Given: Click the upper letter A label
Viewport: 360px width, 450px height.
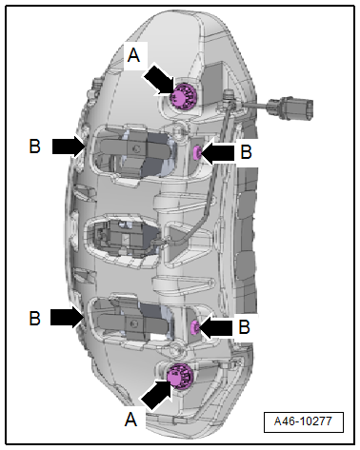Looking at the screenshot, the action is coord(133,55).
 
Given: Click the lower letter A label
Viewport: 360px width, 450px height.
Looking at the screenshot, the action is coord(130,420).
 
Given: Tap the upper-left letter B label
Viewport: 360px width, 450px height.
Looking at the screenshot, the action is coord(35,147).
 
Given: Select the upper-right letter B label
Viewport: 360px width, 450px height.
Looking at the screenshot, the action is coord(246,151).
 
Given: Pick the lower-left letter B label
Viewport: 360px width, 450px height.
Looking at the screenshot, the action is coord(35,318).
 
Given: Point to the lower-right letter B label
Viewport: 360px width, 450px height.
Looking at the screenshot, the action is coord(244,326).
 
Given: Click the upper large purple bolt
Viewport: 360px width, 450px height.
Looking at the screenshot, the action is coord(183,96).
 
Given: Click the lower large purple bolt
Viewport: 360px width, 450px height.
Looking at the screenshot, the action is coord(180,377).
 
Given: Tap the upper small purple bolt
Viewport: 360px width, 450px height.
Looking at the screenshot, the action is coord(197,153).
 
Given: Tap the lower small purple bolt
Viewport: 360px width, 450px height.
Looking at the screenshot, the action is coord(194,327).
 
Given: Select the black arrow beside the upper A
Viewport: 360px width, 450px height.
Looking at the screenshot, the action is coord(160,80).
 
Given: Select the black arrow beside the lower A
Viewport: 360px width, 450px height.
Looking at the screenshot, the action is coord(157,394).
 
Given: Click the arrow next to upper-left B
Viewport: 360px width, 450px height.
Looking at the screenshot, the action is coord(70,147).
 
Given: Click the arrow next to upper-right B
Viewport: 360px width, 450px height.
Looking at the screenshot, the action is coord(217,153).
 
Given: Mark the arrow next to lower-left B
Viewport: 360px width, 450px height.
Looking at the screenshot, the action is coord(68,318).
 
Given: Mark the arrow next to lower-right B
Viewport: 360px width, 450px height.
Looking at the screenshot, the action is coord(215,328).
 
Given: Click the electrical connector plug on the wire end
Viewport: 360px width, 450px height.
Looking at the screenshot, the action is coord(290,108).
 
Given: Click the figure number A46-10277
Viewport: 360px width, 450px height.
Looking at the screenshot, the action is coord(304,421).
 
